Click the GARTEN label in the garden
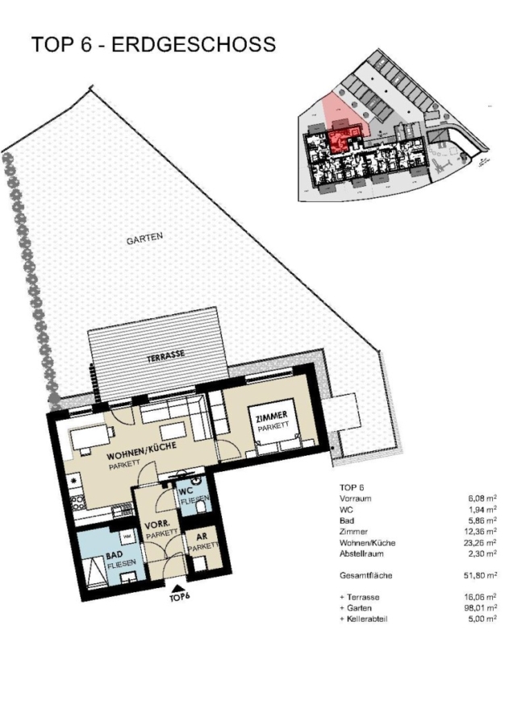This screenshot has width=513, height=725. (144, 238)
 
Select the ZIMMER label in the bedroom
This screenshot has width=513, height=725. (272, 416)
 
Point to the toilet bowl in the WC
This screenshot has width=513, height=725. (202, 507)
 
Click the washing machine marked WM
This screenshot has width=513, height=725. (127, 537)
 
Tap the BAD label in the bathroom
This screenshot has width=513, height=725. (114, 555)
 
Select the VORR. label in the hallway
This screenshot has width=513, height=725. (154, 526)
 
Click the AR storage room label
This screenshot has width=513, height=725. (202, 537)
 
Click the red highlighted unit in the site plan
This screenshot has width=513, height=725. (343, 139)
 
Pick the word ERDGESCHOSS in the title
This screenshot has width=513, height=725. (194, 44)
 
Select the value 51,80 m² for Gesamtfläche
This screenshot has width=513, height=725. (482, 575)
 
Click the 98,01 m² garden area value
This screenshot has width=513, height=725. (482, 607)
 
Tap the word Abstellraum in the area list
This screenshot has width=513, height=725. (361, 553)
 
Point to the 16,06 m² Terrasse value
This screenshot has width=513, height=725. (482, 597)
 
